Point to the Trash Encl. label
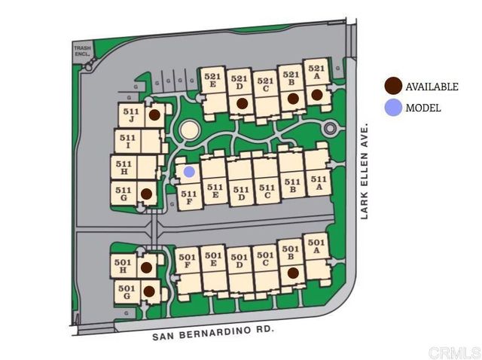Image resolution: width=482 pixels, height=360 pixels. point(82,52)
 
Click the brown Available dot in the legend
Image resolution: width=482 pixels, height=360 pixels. point(392,87)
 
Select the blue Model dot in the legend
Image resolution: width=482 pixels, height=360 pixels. point(392,108)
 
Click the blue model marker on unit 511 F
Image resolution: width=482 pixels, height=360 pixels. point(189,172)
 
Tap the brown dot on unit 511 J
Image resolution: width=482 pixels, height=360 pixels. point(154,115)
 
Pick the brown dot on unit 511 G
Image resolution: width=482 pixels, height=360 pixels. point(146,194)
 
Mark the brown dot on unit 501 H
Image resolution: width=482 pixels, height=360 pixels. point(146,267)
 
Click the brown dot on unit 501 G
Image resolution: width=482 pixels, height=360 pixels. point(148,291)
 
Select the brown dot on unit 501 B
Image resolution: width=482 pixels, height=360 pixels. point(293,273)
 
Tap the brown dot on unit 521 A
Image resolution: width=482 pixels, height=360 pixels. point(317,95)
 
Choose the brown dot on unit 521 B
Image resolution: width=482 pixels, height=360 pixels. point(293,98)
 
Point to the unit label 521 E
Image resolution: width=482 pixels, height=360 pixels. point(213,81)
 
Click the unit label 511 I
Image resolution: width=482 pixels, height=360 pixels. point(127,141)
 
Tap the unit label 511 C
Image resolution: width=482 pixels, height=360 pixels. point(266,192)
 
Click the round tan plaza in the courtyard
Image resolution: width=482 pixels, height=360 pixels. point(189,130)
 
